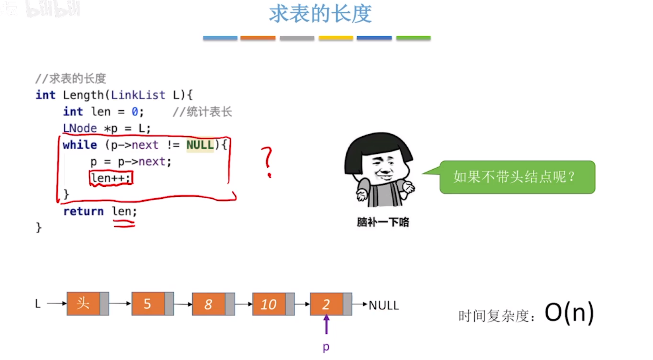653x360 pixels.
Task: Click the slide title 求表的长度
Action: pyautogui.click(x=321, y=14)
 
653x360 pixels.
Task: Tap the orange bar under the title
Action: pyautogui.click(x=258, y=38)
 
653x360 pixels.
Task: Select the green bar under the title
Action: pyautogui.click(x=413, y=38)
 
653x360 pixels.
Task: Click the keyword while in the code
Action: pyautogui.click(x=80, y=145)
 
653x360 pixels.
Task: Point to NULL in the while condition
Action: pyautogui.click(x=200, y=145)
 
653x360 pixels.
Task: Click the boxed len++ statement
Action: pyautogui.click(x=111, y=178)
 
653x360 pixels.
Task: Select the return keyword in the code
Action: pyautogui.click(x=83, y=211)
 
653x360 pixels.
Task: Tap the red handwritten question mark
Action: pyautogui.click(x=268, y=161)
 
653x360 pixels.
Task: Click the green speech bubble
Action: pyautogui.click(x=517, y=177)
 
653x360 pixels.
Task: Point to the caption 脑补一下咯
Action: pyautogui.click(x=383, y=222)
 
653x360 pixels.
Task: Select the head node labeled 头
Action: pyautogui.click(x=83, y=304)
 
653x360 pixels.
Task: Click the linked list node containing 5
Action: pyautogui.click(x=148, y=304)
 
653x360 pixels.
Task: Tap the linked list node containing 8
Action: pyautogui.click(x=209, y=304)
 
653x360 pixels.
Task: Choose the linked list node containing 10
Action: pyautogui.click(x=269, y=304)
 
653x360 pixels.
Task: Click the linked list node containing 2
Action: pyautogui.click(x=326, y=304)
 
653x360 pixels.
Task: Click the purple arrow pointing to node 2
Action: pyautogui.click(x=326, y=325)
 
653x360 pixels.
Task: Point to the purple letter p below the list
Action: pyautogui.click(x=326, y=347)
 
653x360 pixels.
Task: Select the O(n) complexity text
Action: pyautogui.click(x=569, y=313)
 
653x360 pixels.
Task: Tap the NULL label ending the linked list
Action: pyautogui.click(x=383, y=305)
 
